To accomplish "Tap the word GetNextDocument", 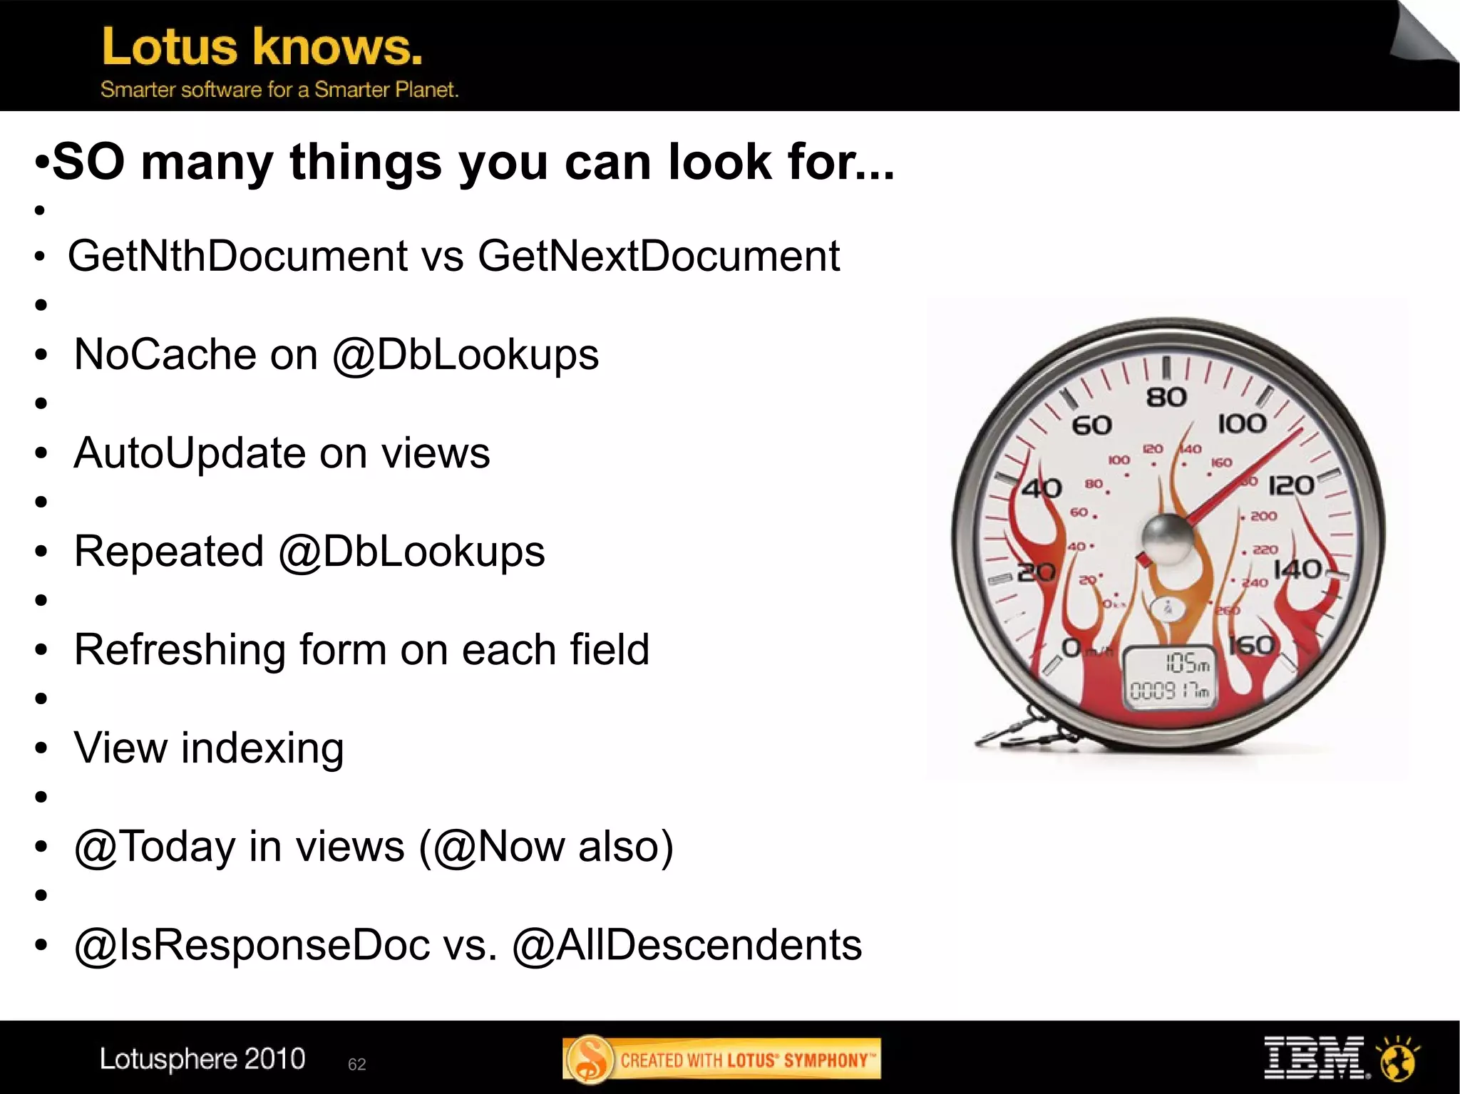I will (659, 256).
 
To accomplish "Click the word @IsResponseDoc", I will (252, 946).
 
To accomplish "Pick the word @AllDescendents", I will (687, 946).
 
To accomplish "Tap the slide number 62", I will (356, 1064).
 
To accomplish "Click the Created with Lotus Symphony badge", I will (721, 1059).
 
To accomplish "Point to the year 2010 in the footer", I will (274, 1058).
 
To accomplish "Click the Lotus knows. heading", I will (262, 47).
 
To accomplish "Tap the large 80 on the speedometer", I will (1166, 397).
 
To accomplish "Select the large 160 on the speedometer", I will (1252, 646).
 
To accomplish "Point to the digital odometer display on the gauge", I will (1168, 678).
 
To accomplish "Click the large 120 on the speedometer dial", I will (1291, 485).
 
